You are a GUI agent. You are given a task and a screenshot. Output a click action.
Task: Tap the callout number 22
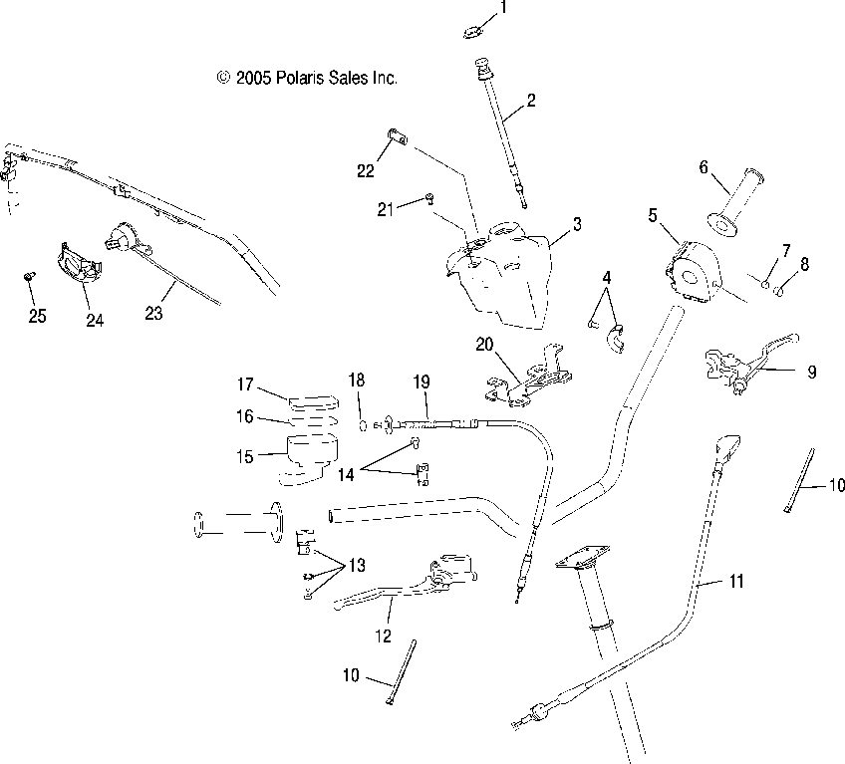[x=366, y=171]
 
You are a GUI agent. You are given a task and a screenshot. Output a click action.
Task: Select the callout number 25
[x=37, y=318]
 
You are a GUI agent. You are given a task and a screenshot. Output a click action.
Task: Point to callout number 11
[x=735, y=580]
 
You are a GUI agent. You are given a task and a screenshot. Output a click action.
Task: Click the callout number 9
[x=811, y=372]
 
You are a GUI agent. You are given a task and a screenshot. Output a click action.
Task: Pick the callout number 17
[x=246, y=383]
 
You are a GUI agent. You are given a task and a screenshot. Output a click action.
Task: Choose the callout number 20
[x=485, y=346]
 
